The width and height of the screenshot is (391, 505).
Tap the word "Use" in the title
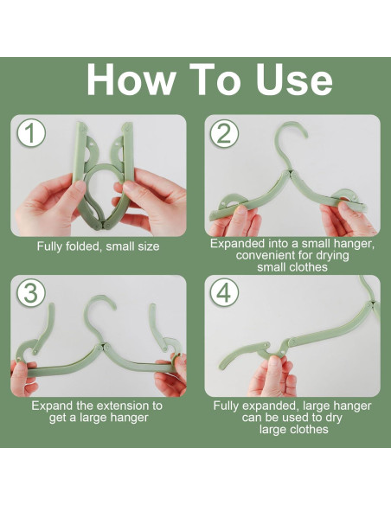click(x=294, y=80)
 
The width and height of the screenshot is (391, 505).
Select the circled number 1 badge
click(x=31, y=133)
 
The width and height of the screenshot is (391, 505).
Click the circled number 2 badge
click(x=224, y=133)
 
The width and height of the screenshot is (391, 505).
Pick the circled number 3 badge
click(x=31, y=292)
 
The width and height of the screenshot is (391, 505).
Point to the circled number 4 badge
click(x=224, y=292)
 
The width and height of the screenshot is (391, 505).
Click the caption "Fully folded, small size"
click(x=99, y=246)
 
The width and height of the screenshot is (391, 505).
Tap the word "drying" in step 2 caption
click(x=331, y=255)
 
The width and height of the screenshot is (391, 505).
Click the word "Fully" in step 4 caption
click(x=226, y=406)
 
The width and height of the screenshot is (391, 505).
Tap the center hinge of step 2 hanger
click(x=289, y=173)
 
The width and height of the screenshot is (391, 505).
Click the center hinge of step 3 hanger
click(x=102, y=347)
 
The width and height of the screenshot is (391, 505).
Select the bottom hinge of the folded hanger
click(x=103, y=226)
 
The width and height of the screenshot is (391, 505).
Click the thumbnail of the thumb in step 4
click(x=274, y=361)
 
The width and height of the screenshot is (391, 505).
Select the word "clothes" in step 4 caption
click(x=309, y=429)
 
